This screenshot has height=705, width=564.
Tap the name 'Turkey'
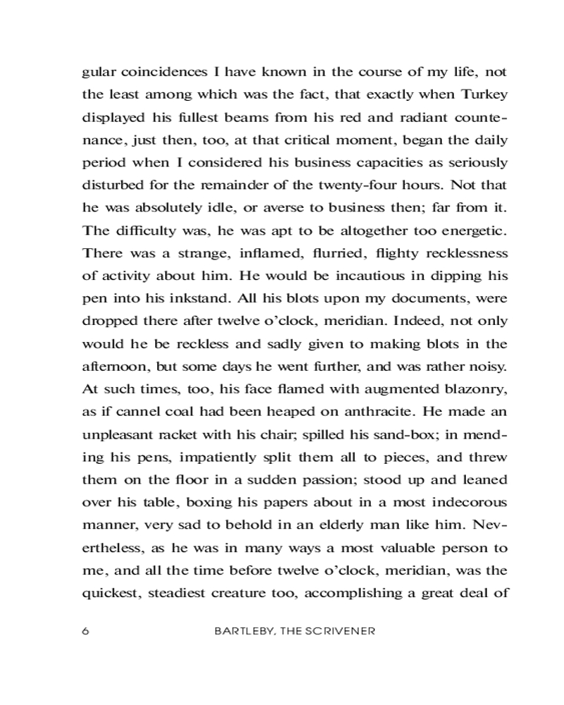coord(484,94)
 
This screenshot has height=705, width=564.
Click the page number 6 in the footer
coord(86,631)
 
